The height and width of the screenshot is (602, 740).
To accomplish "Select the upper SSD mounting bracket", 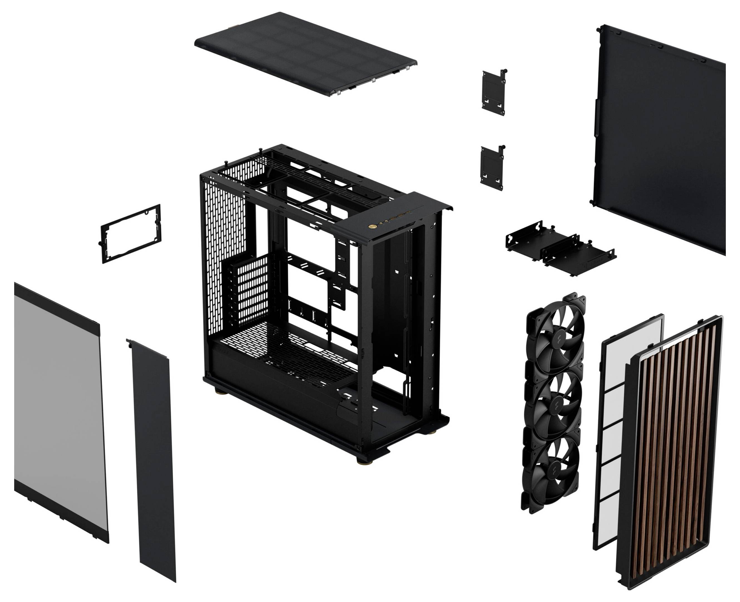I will point(493,92).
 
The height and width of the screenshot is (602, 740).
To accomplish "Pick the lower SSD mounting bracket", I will point(491,168).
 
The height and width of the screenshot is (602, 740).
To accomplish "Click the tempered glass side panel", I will point(59,409).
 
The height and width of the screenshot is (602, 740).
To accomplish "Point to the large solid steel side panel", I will point(658,139).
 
